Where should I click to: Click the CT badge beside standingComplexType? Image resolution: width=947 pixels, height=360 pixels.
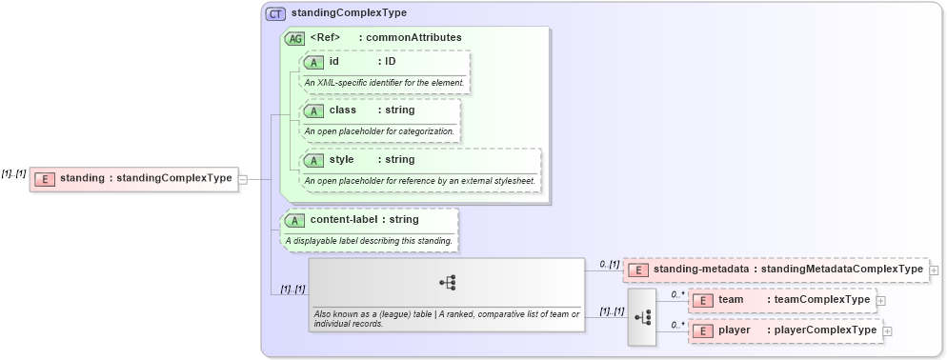[275, 13]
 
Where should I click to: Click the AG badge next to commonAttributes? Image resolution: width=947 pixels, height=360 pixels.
[295, 38]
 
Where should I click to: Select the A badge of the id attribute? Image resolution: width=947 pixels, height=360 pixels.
[313, 62]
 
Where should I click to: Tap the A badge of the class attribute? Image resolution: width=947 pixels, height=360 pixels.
[313, 110]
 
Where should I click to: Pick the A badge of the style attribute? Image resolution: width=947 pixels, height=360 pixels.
[313, 160]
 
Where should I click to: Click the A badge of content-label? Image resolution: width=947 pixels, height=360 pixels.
[295, 220]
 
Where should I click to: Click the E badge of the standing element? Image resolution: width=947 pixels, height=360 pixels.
[44, 178]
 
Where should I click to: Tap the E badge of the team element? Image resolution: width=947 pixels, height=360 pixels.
[702, 300]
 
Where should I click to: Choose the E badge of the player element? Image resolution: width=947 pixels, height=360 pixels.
[702, 330]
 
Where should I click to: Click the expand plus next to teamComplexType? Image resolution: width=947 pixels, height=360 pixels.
[880, 301]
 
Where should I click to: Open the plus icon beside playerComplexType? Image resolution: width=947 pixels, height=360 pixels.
[888, 331]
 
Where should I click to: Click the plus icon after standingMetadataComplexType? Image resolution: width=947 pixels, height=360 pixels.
[934, 270]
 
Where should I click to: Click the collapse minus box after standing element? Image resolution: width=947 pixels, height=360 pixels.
[243, 178]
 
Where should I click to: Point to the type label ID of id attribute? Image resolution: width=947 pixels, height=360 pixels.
[390, 62]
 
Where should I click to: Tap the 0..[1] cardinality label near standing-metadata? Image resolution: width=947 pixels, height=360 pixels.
[609, 264]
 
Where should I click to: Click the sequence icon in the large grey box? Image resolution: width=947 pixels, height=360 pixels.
[447, 282]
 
